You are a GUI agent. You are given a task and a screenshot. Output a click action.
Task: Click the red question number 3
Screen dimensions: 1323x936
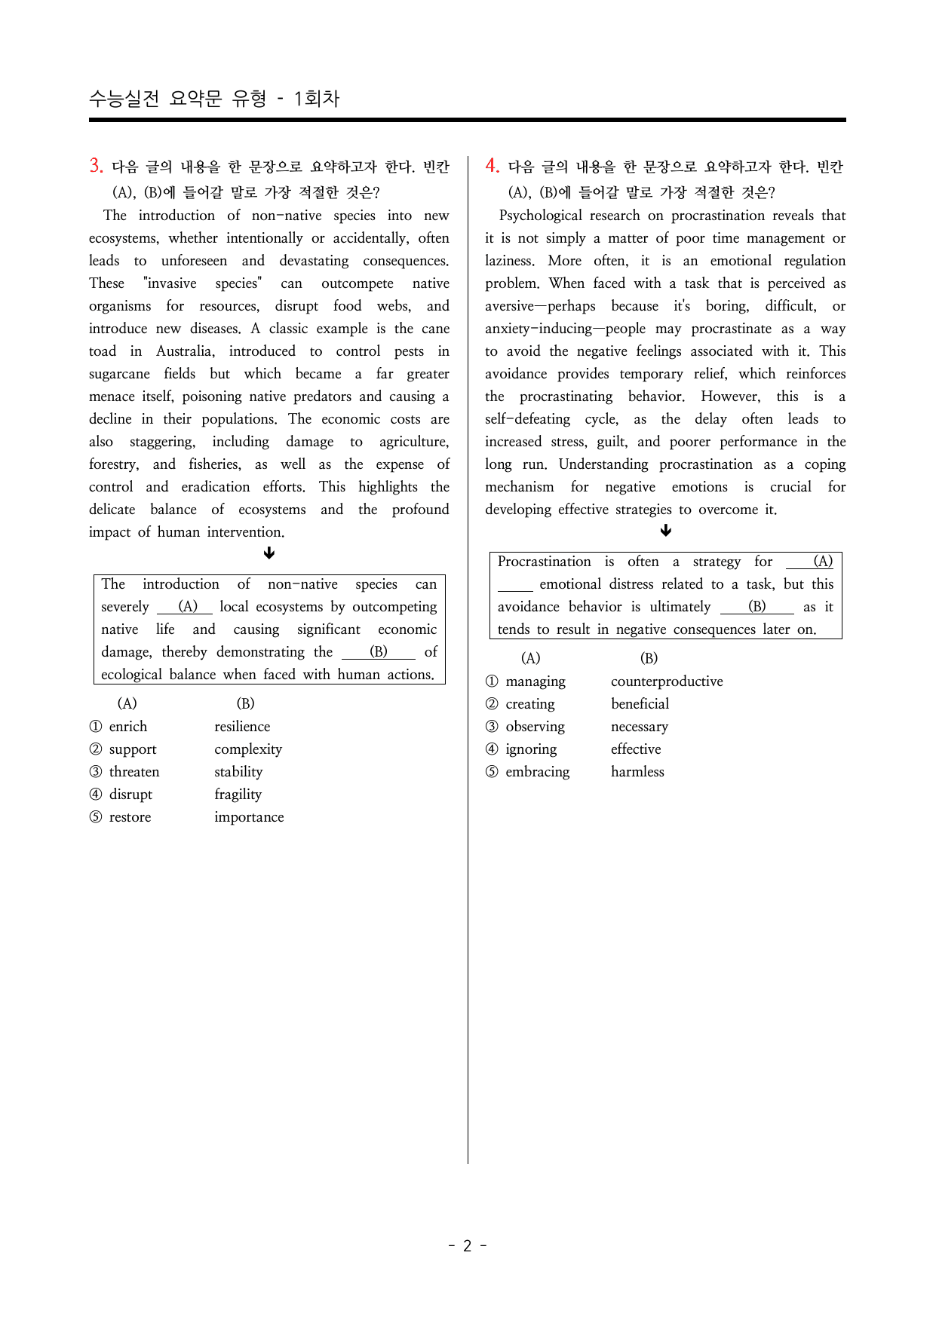coord(96,166)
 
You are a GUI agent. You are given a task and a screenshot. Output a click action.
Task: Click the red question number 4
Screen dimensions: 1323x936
coord(492,166)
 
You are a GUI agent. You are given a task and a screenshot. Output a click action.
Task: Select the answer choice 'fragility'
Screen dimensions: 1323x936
coord(238,795)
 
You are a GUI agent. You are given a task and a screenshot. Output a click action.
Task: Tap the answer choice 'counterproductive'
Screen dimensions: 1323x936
coord(667,681)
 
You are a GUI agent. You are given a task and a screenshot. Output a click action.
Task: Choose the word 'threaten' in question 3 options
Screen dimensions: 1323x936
coord(134,772)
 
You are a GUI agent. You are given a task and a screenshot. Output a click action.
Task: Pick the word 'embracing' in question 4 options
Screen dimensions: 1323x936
coord(538,772)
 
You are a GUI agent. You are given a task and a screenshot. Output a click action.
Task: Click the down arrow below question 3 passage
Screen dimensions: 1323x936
coord(269,553)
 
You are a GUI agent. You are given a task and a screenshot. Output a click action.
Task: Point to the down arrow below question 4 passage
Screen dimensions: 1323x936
coord(665,531)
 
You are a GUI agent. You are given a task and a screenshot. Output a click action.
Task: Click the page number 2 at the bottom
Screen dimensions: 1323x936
coord(467,1245)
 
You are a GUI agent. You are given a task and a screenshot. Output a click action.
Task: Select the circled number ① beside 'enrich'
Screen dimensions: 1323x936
coord(96,727)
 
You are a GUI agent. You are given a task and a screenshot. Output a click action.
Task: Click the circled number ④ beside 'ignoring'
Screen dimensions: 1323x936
coord(492,749)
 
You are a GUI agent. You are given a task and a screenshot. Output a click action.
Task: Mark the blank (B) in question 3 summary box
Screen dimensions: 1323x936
coord(379,652)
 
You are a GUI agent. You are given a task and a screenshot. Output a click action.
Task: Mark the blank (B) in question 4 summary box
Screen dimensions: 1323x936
coord(756,607)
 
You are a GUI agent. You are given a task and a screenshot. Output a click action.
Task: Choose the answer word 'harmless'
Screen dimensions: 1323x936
coord(637,772)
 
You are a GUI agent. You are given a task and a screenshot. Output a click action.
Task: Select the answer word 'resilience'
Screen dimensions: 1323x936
coord(242,727)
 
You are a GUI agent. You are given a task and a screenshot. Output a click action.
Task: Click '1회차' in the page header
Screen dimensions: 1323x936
coord(317,99)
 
